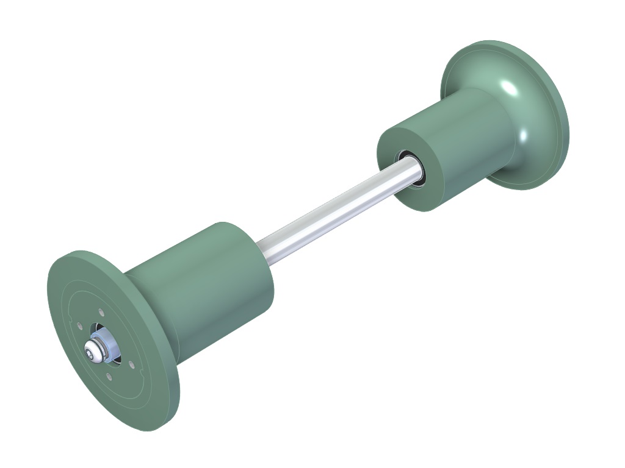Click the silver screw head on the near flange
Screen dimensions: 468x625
click(93, 350)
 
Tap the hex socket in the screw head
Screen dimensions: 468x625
click(92, 350)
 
